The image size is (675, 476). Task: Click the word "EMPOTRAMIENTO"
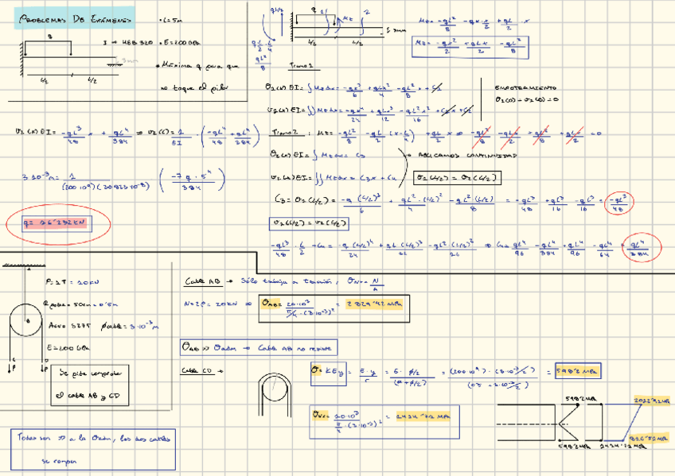tap(525, 87)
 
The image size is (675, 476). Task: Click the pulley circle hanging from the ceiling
tap(27, 322)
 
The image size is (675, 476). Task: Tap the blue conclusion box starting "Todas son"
tap(95, 449)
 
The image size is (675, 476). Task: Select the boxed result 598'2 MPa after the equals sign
tap(578, 371)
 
